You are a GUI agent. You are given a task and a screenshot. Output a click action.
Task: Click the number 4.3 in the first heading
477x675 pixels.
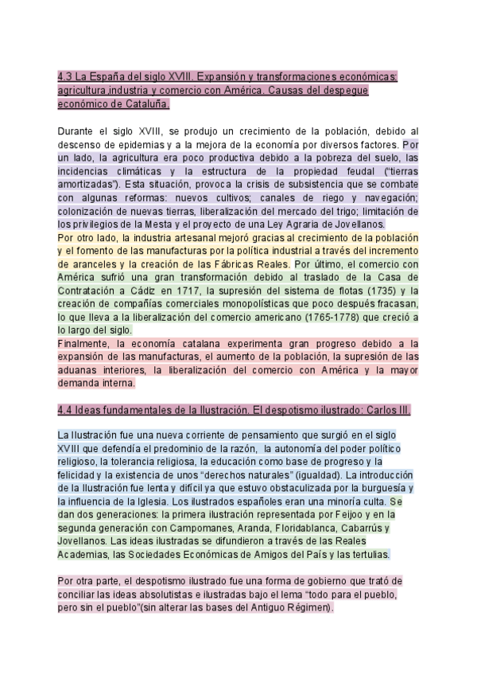[66, 77]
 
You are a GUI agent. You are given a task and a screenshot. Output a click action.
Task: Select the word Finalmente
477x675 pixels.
[87, 343]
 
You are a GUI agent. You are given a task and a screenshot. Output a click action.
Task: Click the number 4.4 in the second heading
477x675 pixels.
[66, 409]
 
